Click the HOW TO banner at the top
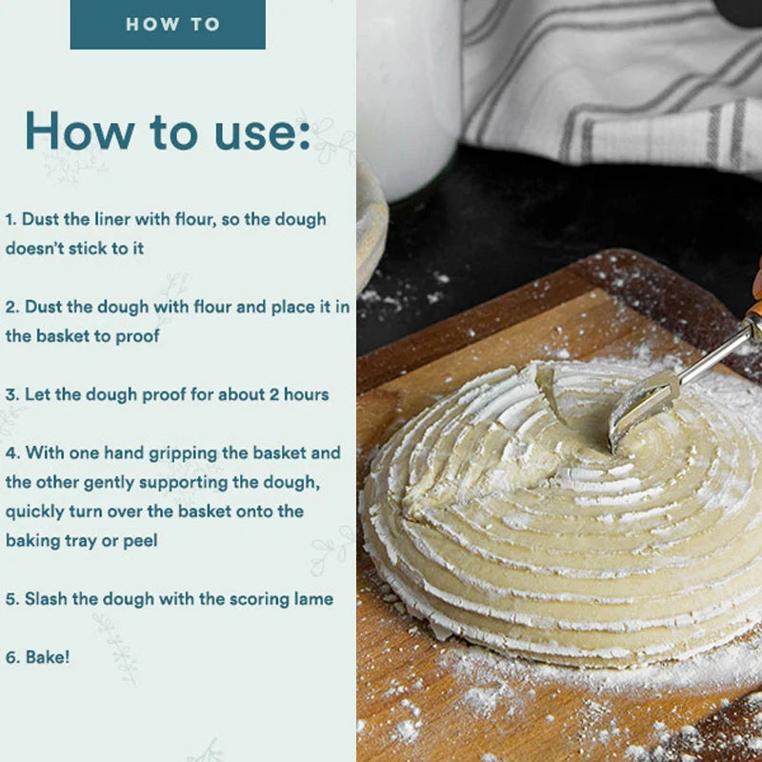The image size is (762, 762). coord(168,25)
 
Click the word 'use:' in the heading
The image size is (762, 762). coord(262,131)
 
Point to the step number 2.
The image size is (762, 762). coord(12,307)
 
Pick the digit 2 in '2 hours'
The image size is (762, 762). coord(274,394)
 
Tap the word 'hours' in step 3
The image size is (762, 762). coord(306,394)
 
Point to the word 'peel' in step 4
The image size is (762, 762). coord(140,541)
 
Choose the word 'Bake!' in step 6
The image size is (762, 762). coord(47,657)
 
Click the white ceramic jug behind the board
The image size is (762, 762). coord(410,97)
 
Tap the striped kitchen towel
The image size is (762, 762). coord(612,83)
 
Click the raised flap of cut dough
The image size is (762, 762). coord(551,392)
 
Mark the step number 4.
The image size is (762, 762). coord(12,453)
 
